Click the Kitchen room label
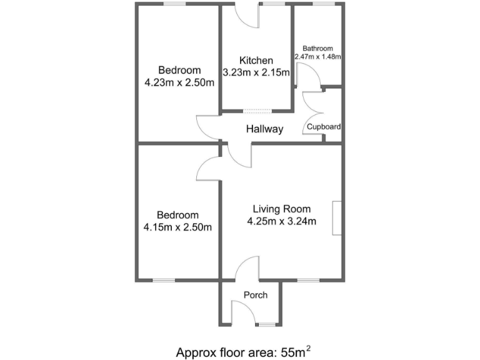coord(256,61)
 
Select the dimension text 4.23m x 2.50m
coord(179,82)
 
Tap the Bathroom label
coord(317,48)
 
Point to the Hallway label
coord(264,129)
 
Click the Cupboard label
coord(323,127)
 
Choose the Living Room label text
coord(281,209)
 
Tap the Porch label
coord(256,295)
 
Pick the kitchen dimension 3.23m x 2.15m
coord(256,72)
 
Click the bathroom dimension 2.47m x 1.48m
coord(318,57)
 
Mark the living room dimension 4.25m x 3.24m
coord(281,221)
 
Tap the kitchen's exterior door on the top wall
coord(246,16)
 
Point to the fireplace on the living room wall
coord(337,218)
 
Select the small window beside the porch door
coord(266,324)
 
